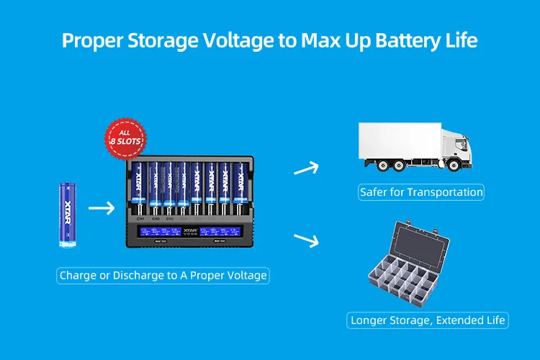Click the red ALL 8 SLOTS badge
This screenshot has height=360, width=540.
coord(126,136)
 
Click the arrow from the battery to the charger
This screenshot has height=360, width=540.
coord(101,210)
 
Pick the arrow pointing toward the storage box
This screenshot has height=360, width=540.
coord(306,240)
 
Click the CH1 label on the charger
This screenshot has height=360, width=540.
coord(140,217)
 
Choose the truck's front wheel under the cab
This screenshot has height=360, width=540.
coord(455,165)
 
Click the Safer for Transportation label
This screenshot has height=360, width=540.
coord(421,192)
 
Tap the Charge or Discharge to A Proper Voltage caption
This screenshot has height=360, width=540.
coord(163,275)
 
